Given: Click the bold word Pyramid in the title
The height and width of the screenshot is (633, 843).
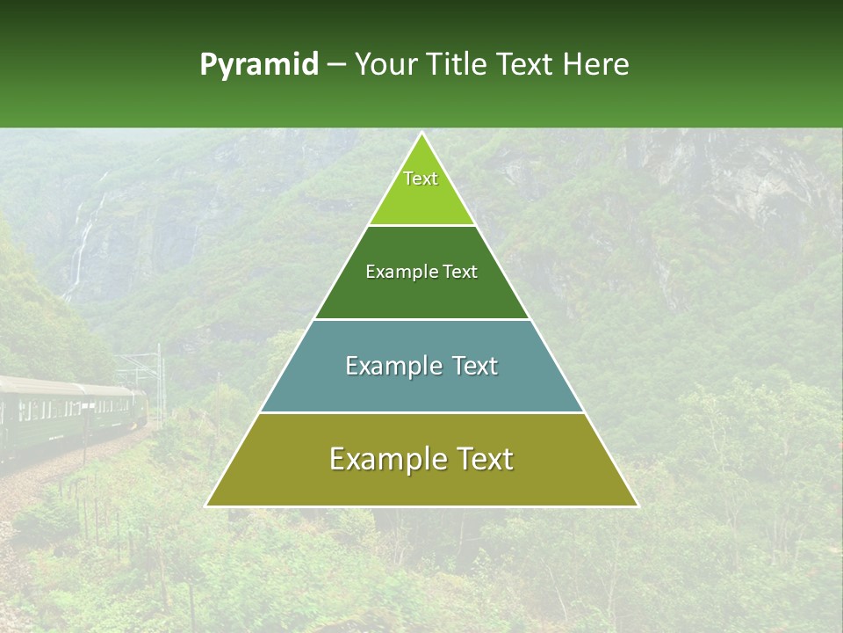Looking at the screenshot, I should [x=259, y=65].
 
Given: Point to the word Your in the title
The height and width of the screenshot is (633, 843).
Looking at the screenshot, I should [x=384, y=65].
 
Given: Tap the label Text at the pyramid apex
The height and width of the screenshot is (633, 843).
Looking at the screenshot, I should [x=421, y=178].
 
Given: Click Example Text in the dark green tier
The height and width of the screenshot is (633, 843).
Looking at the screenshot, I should [x=421, y=272].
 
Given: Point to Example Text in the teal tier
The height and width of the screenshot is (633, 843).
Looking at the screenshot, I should [x=421, y=366].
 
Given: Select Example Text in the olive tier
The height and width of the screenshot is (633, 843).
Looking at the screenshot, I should [x=421, y=459].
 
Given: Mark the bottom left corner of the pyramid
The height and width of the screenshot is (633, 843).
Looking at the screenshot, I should [x=207, y=506].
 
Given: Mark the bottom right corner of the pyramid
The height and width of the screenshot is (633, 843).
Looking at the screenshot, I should [x=637, y=506].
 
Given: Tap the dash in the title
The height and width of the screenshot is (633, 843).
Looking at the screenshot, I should [x=335, y=65].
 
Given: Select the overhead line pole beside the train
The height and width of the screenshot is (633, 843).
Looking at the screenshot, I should [x=160, y=378].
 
